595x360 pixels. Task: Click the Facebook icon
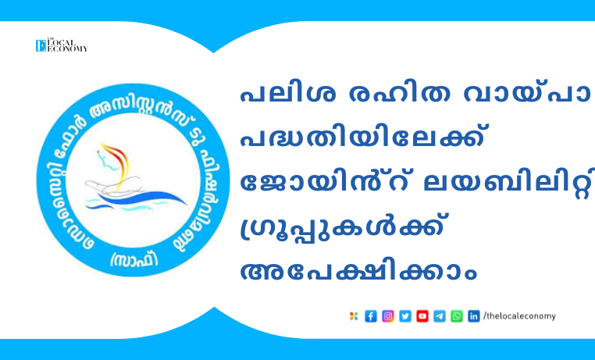click(x=371, y=316)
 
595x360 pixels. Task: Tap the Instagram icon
click(x=388, y=316)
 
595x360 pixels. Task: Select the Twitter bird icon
click(x=405, y=316)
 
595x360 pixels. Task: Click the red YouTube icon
click(x=422, y=316)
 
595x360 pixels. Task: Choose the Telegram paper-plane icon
click(x=440, y=316)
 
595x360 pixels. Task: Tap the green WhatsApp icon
click(x=457, y=316)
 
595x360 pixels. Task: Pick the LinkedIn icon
click(x=473, y=316)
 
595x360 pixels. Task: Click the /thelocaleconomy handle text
click(x=519, y=316)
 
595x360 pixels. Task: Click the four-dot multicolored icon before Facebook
click(x=354, y=316)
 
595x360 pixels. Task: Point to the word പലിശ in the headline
click(x=288, y=94)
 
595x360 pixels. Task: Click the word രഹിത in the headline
click(x=399, y=94)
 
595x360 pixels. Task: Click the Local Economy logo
click(x=62, y=45)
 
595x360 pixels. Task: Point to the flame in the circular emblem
click(x=116, y=163)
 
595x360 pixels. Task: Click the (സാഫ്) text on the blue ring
click(x=134, y=259)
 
